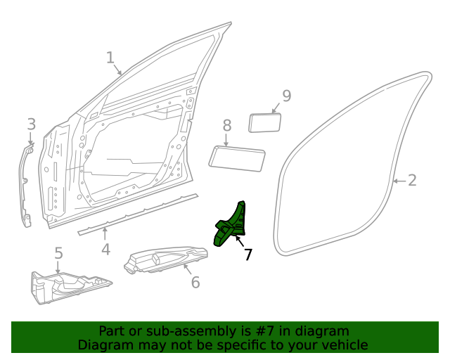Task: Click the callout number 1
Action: click(110, 58)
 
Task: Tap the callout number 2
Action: click(412, 180)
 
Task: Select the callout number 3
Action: click(31, 124)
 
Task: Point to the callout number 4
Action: click(105, 249)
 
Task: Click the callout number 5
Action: click(58, 253)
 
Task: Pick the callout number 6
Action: click(195, 282)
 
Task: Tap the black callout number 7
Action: click(247, 255)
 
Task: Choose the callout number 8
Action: click(226, 125)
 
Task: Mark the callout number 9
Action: click(286, 96)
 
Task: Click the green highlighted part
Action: click(231, 225)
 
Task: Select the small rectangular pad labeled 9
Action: click(265, 122)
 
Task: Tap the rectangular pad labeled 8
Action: click(237, 157)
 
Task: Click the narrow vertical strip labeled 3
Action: click(27, 186)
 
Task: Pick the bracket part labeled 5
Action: click(67, 287)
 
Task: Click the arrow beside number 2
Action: click(398, 181)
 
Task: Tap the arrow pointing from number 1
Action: click(119, 69)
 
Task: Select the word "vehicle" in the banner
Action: click(342, 345)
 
